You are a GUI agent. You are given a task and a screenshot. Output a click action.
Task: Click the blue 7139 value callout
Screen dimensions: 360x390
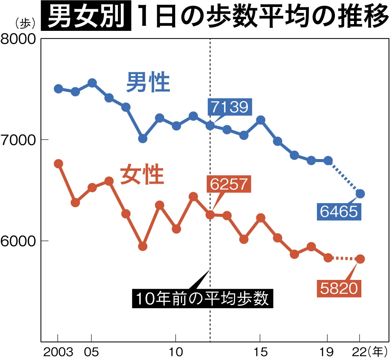pyautogui.click(x=230, y=107)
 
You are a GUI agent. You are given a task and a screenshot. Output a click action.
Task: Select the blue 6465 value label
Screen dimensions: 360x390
pyautogui.click(x=339, y=211)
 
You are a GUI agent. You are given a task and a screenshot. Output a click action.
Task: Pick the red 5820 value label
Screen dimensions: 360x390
pyautogui.click(x=339, y=289)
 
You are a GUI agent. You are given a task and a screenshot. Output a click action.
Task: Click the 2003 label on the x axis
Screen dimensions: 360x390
pyautogui.click(x=58, y=352)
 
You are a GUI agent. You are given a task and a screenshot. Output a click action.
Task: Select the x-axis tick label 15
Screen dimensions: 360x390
pyautogui.click(x=260, y=352)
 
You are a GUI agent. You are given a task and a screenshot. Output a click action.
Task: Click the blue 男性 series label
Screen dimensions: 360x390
pyautogui.click(x=148, y=83)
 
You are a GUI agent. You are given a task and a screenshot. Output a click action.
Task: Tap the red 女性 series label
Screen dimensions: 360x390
pyautogui.click(x=141, y=175)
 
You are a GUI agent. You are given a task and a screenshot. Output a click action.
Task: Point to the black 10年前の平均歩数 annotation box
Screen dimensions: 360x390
pyautogui.click(x=202, y=298)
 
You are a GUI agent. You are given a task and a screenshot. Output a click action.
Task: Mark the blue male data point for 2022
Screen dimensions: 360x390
pyautogui.click(x=360, y=194)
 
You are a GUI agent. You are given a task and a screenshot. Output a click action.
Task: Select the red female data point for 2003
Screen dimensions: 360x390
pyautogui.click(x=58, y=164)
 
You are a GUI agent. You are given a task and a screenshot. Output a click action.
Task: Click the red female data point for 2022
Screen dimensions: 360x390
pyautogui.click(x=360, y=259)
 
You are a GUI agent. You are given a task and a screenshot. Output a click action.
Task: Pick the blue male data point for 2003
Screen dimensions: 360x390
pyautogui.click(x=58, y=89)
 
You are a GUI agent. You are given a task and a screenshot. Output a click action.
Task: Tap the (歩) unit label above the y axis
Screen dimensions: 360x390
pyautogui.click(x=25, y=23)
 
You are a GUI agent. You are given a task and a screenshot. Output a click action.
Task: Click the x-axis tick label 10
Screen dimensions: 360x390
pyautogui.click(x=176, y=352)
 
